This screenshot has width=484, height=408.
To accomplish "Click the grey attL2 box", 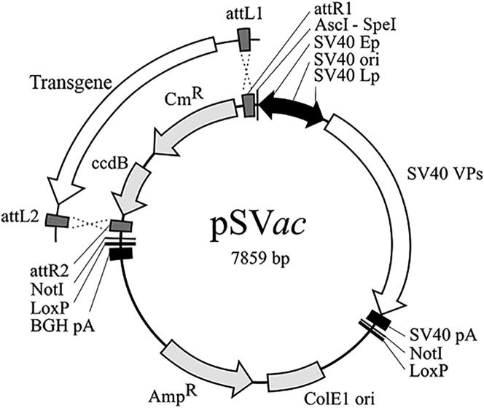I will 55,219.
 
